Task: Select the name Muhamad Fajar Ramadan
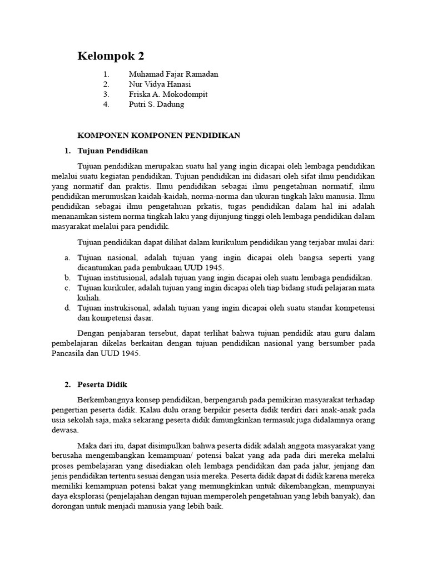pyautogui.click(x=173, y=74)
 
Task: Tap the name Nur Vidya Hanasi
pyautogui.click(x=160, y=84)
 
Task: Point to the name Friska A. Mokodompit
pyautogui.click(x=168, y=94)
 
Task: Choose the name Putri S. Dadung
pyautogui.click(x=156, y=104)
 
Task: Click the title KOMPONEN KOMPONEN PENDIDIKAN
pyautogui.click(x=158, y=135)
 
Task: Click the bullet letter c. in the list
pyautogui.click(x=67, y=288)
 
